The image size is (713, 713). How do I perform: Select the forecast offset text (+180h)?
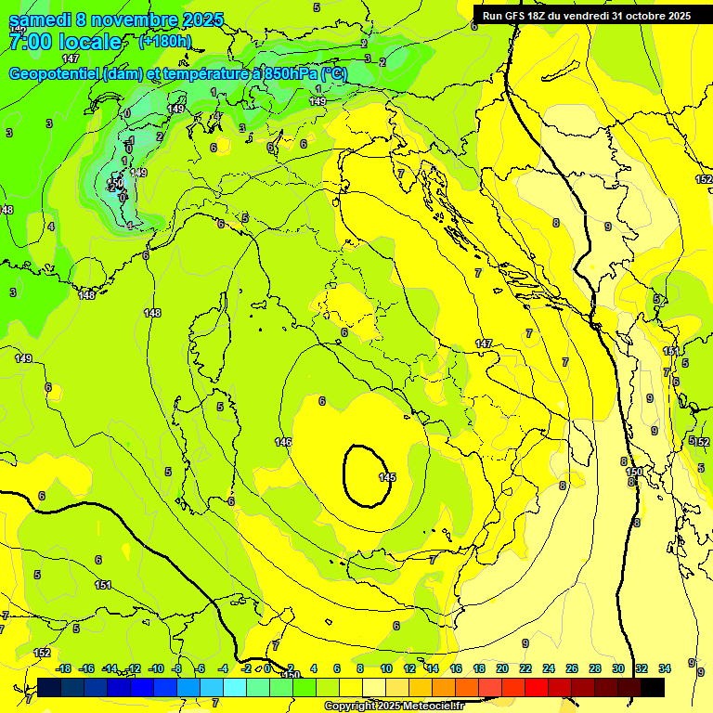(x=165, y=41)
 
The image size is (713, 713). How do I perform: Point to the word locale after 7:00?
(x=89, y=42)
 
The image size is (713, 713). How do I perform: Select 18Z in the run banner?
(x=539, y=16)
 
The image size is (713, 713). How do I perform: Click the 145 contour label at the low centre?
(x=387, y=477)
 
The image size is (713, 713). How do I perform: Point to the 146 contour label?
(x=284, y=442)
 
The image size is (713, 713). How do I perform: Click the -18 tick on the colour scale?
(x=63, y=668)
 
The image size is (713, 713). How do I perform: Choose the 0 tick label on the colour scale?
(x=268, y=668)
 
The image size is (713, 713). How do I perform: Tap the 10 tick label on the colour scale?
(x=386, y=668)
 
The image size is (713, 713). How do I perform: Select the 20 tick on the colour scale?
(x=502, y=668)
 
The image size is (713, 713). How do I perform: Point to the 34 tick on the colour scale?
(x=665, y=668)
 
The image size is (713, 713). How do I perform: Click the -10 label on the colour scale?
(x=156, y=668)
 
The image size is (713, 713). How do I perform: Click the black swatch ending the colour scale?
(x=653, y=687)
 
